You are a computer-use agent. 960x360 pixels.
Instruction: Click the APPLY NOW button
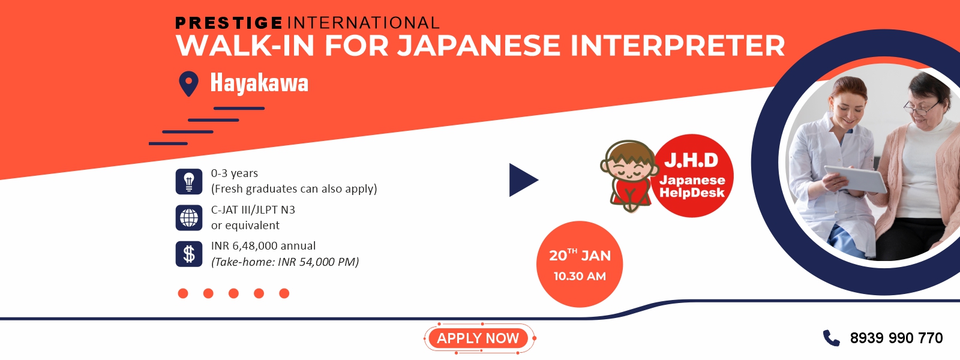[x=478, y=338]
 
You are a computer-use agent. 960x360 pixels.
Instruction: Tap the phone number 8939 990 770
[x=896, y=338]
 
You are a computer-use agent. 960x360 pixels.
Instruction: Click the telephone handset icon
[x=831, y=338]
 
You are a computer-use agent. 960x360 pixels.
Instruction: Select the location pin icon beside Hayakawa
[x=188, y=83]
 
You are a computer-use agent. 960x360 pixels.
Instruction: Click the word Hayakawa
[x=259, y=83]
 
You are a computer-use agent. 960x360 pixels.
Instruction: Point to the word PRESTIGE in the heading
[x=229, y=23]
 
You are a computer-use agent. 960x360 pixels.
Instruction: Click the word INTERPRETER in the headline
[x=677, y=46]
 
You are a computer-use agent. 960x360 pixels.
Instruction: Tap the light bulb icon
[x=188, y=181]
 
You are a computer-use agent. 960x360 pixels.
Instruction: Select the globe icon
[x=188, y=218]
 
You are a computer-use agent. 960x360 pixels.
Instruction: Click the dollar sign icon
[x=188, y=254]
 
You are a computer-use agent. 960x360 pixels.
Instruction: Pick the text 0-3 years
[x=235, y=173]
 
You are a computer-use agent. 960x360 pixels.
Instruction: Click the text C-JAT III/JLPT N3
[x=253, y=209]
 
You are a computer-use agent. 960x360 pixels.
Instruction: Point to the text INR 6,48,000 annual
[x=263, y=245]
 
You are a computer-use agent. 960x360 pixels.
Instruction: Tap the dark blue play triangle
[x=522, y=180]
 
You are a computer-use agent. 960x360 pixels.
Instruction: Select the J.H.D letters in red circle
[x=691, y=160]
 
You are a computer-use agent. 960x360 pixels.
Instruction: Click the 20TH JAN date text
[x=580, y=255]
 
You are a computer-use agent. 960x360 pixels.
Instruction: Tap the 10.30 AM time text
[x=580, y=276]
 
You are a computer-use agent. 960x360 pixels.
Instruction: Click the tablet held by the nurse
[x=856, y=179]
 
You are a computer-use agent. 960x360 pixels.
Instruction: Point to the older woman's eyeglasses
[x=920, y=106]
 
